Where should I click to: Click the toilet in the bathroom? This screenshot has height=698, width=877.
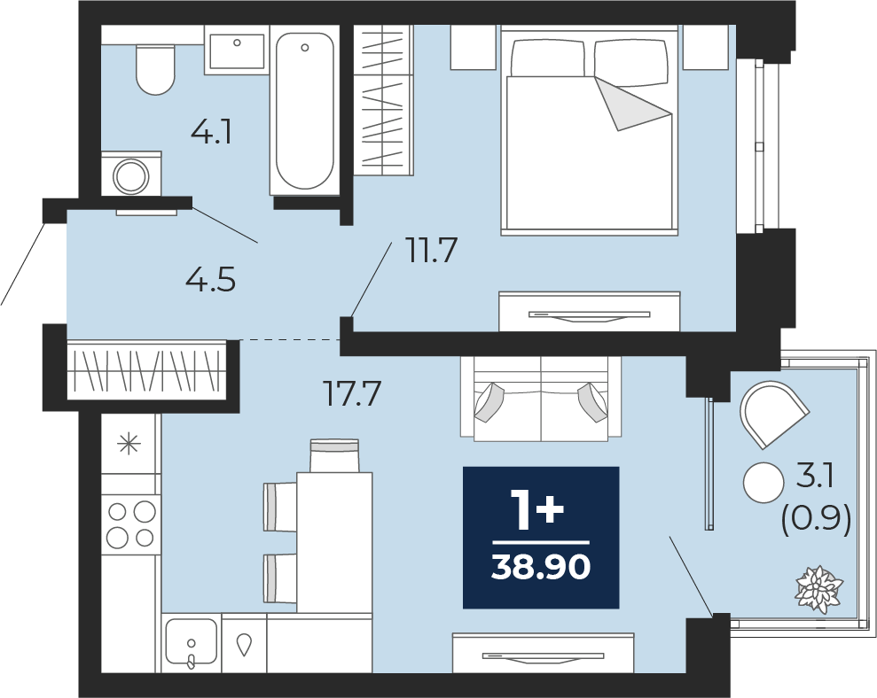(x=155, y=69)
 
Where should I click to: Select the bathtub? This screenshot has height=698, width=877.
(x=304, y=111)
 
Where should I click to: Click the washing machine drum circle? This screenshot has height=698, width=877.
(x=131, y=177)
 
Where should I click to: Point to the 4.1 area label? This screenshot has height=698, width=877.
(x=211, y=133)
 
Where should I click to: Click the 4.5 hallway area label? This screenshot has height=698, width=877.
(x=210, y=279)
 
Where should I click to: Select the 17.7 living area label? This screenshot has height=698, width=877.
(x=352, y=393)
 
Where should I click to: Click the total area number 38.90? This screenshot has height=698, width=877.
(x=541, y=568)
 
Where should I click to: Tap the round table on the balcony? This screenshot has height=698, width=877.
(x=764, y=483)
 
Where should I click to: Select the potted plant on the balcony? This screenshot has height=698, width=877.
(x=819, y=588)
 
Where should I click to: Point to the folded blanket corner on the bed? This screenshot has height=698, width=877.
(x=632, y=104)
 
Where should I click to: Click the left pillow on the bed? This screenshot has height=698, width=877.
(x=547, y=58)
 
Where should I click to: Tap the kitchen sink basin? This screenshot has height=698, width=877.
(x=192, y=640)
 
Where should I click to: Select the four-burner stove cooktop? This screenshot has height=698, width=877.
(x=131, y=524)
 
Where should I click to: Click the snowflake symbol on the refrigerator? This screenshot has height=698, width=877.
(x=129, y=445)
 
